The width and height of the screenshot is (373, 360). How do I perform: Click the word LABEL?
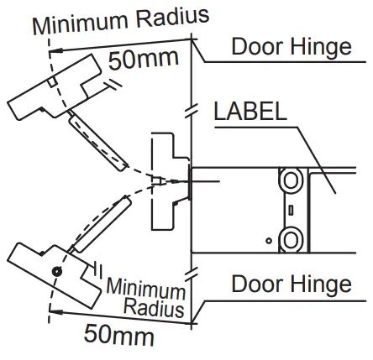click(x=250, y=112)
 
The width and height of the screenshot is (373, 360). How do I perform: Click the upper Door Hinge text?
click(x=291, y=45)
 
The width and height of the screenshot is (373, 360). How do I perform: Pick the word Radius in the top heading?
click(x=173, y=15)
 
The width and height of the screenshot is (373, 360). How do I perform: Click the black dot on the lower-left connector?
click(x=55, y=271)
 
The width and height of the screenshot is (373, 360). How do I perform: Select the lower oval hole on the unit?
click(x=291, y=238)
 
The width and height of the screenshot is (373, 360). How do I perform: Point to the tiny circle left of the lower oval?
click(x=270, y=241)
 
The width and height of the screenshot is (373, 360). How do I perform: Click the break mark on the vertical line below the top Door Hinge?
click(x=194, y=109)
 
